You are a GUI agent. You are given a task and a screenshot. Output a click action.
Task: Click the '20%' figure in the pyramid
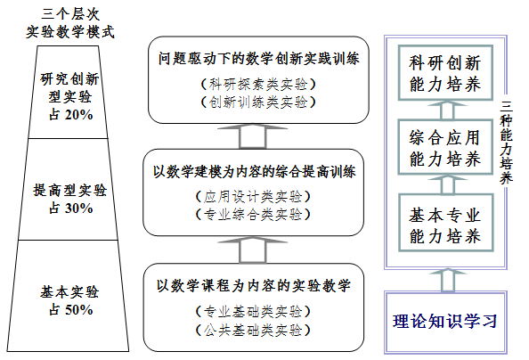[x=78, y=115]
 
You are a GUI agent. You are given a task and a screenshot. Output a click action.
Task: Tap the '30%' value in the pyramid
[x=78, y=208]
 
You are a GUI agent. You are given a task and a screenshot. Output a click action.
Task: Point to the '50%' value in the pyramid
[x=78, y=309]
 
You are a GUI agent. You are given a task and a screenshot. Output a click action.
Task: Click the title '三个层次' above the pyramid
[x=70, y=14]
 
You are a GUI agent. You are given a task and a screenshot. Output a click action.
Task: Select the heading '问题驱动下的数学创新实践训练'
[x=259, y=59]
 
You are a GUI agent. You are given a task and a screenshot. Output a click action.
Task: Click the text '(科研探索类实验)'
[x=258, y=84]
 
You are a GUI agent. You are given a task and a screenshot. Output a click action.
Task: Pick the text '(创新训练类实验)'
[x=258, y=102]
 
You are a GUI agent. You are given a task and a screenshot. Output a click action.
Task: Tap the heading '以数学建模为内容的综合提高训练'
[x=255, y=172]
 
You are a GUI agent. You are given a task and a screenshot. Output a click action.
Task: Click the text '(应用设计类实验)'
[x=253, y=197]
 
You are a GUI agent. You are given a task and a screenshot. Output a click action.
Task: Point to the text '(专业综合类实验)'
[x=253, y=215]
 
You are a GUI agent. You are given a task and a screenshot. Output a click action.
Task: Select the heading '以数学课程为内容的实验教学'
[x=254, y=286]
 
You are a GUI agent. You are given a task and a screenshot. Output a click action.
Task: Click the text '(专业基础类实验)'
[x=253, y=311]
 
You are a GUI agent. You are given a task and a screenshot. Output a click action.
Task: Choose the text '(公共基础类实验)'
[x=253, y=330]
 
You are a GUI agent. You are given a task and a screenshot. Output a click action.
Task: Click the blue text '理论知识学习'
[x=445, y=321]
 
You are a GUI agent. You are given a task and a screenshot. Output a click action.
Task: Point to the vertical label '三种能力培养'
[x=506, y=143]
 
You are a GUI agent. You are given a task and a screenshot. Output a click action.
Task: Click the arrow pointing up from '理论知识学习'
[x=447, y=280]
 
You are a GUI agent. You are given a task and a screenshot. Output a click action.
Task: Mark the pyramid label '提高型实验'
[x=69, y=191]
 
